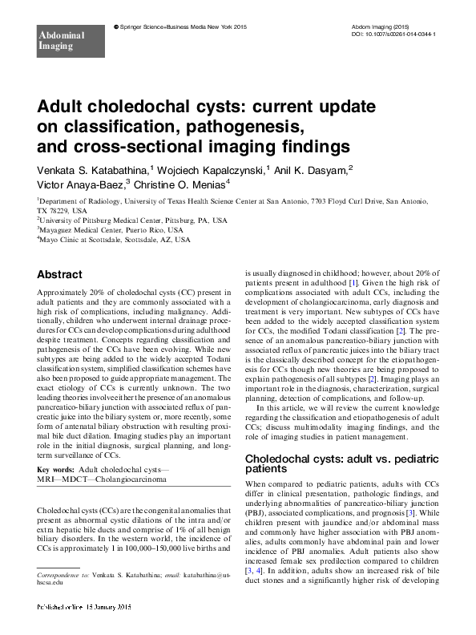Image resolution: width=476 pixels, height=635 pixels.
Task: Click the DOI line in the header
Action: [x=394, y=34]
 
